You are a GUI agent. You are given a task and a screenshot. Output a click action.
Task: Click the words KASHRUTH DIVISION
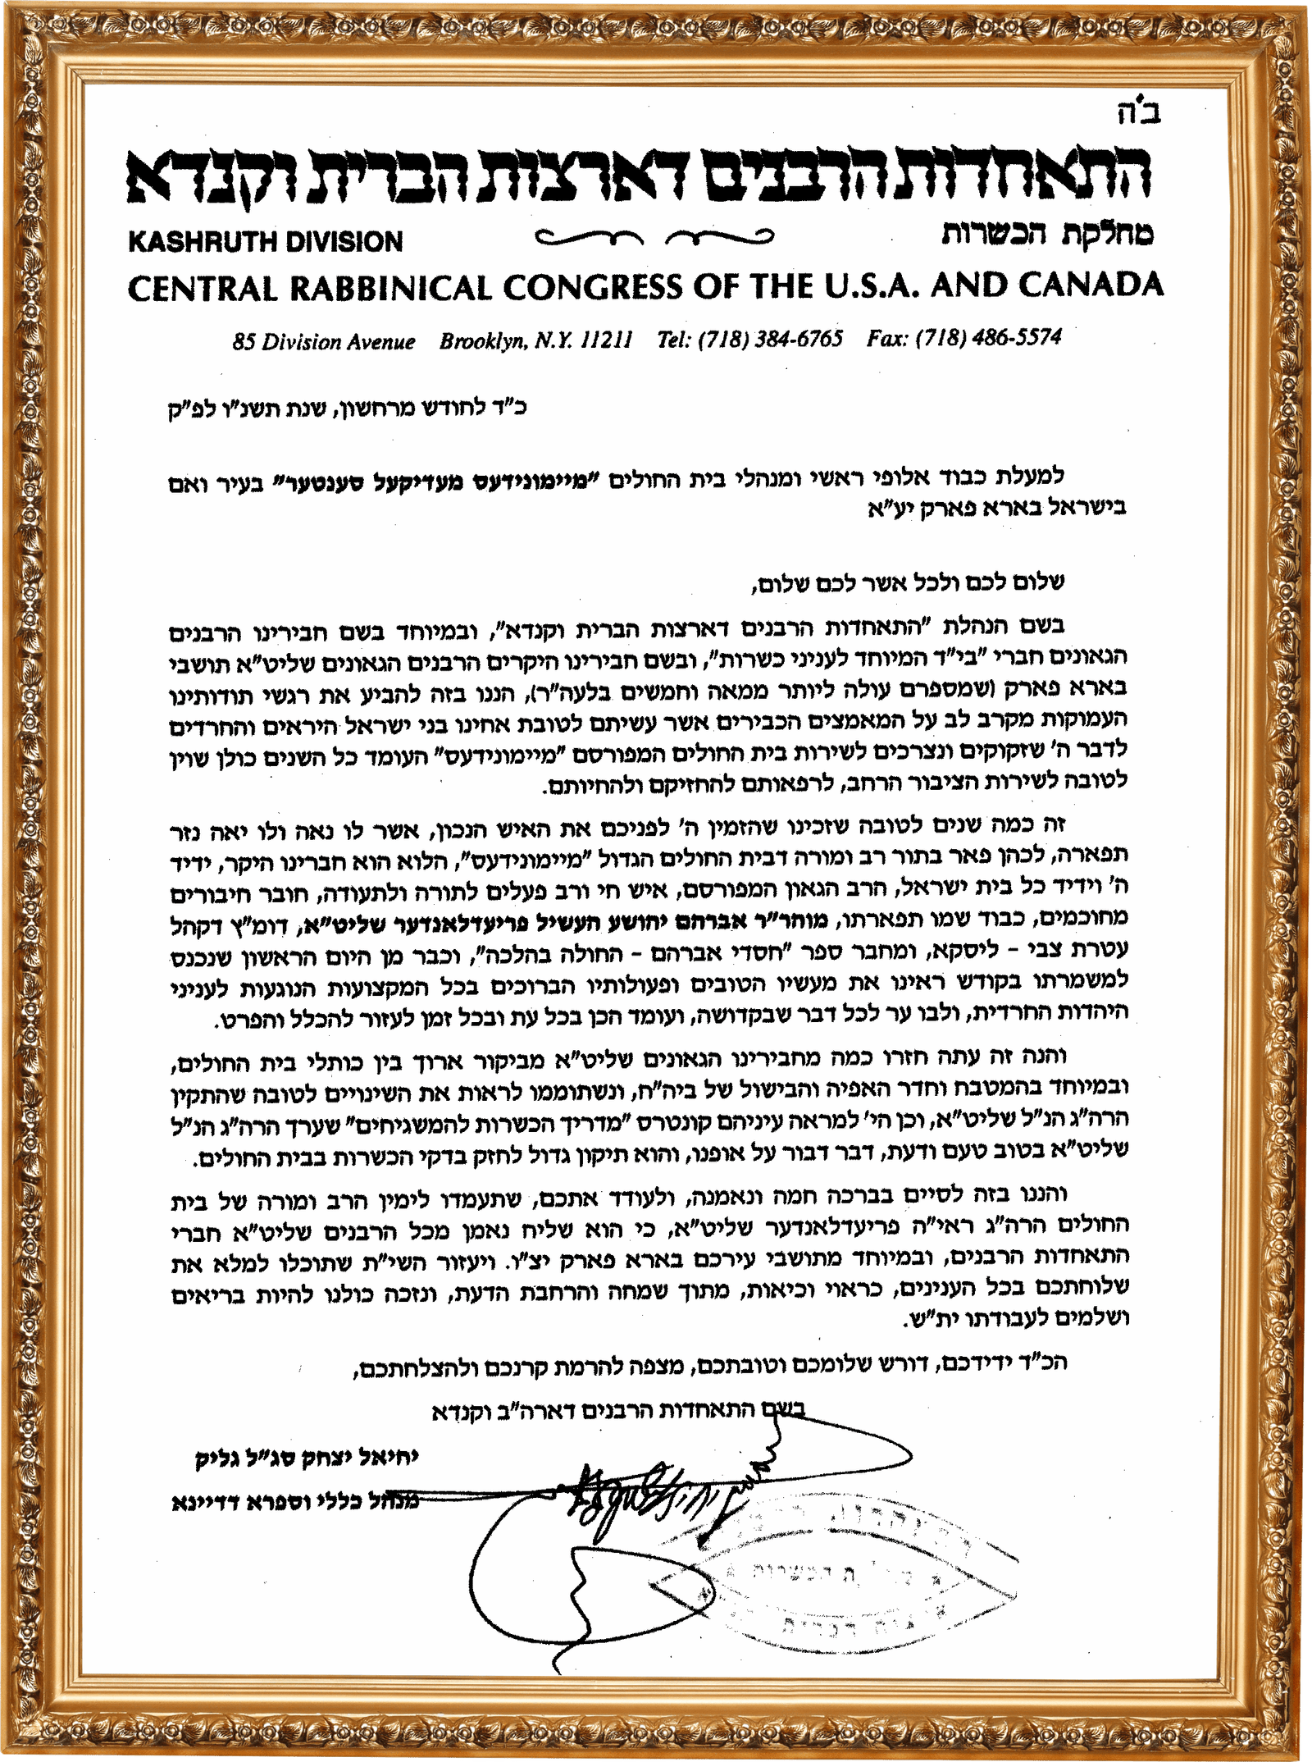265,242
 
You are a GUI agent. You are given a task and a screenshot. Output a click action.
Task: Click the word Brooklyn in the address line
480,341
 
